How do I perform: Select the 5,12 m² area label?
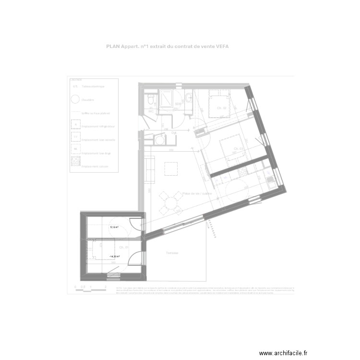(x=114, y=227)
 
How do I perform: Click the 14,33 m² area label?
(x=114, y=257)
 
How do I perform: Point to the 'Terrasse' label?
(x=172, y=253)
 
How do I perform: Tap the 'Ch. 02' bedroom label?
(x=221, y=109)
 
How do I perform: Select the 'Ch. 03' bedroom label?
(x=238, y=149)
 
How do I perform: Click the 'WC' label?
(x=150, y=108)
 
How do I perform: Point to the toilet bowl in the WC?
(x=151, y=99)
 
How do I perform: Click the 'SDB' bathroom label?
(x=178, y=104)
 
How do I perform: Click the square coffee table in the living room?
(x=171, y=169)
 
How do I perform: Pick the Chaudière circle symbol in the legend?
(x=75, y=100)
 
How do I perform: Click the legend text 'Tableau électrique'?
(x=94, y=86)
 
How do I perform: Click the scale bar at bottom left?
(x=89, y=288)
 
